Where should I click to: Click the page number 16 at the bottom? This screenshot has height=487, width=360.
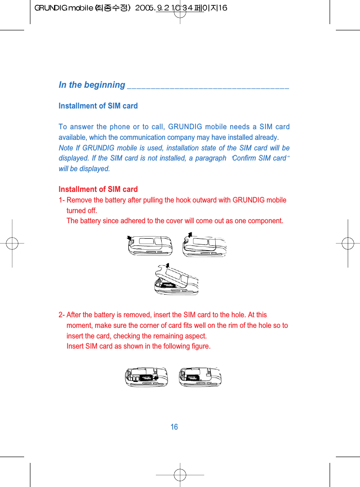click(174, 427)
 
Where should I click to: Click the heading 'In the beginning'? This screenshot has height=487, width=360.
click(92, 85)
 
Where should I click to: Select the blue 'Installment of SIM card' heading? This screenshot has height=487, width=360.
click(98, 106)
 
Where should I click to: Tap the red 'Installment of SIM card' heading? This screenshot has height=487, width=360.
click(98, 189)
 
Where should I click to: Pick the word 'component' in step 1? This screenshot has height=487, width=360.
click(265, 221)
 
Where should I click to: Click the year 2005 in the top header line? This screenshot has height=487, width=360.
click(145, 8)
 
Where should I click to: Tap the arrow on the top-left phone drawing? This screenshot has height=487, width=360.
click(128, 237)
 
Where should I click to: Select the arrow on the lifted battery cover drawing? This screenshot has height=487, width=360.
click(166, 265)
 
